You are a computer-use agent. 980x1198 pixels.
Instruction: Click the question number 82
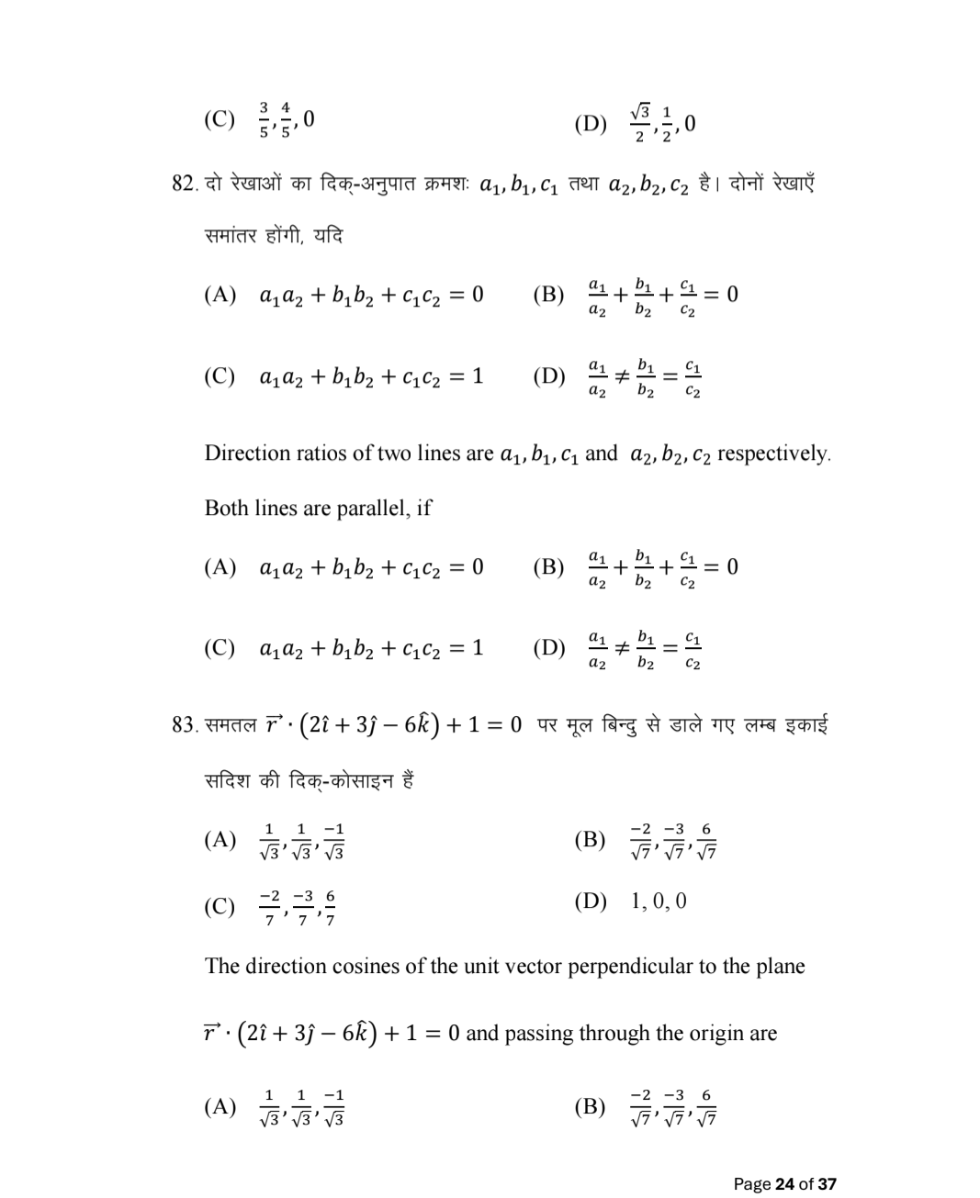pyautogui.click(x=183, y=184)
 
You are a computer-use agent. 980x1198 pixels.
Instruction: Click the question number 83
pyautogui.click(x=183, y=725)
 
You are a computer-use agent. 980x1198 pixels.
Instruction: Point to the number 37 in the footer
pyautogui.click(x=827, y=1183)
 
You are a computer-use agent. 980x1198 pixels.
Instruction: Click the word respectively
pyautogui.click(x=773, y=453)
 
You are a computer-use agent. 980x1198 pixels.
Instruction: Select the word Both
pyautogui.click(x=226, y=509)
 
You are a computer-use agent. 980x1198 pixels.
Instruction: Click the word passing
pyautogui.click(x=540, y=1034)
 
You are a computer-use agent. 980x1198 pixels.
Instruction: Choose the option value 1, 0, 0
pyautogui.click(x=659, y=901)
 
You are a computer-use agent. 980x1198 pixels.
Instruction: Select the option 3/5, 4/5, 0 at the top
pyautogui.click(x=287, y=119)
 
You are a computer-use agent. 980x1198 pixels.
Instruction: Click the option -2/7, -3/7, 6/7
pyautogui.click(x=298, y=907)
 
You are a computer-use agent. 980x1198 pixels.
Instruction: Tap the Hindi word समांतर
pyautogui.click(x=230, y=236)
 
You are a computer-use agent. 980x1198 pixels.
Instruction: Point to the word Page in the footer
pyautogui.click(x=752, y=1183)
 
